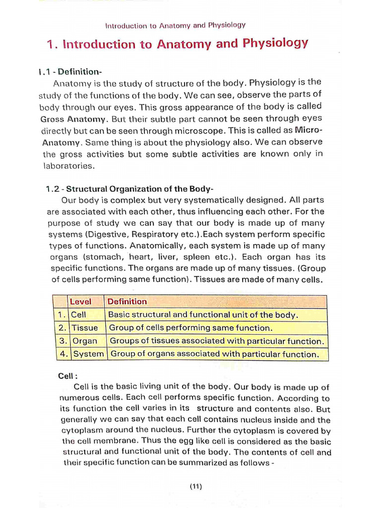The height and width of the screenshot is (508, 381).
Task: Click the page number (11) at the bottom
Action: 195,487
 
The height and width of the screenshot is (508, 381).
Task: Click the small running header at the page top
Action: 176,25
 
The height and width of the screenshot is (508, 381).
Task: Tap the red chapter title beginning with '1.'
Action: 177,44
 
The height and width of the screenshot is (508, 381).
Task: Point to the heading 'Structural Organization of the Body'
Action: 140,189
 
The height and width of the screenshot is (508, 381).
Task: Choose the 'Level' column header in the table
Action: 80,302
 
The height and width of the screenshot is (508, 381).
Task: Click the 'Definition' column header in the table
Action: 127,302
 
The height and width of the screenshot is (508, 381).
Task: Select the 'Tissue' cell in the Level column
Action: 85,328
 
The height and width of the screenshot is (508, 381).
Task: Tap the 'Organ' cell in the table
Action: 85,341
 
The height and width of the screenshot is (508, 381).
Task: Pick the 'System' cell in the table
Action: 88,354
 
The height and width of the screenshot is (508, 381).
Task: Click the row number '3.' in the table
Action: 62,341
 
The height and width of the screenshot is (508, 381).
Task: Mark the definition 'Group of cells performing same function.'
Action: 190,328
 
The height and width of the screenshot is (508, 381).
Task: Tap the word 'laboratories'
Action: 68,166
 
